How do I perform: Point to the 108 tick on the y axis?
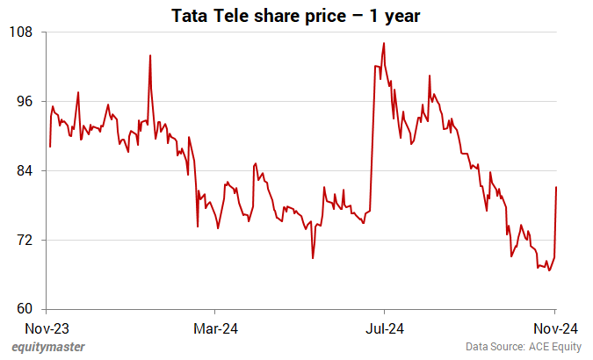[x=21, y=32]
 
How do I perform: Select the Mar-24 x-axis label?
[x=214, y=329]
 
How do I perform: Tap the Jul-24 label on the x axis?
[x=384, y=329]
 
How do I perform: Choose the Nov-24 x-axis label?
[x=554, y=329]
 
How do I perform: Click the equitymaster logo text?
[x=49, y=347]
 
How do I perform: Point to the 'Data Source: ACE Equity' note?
[x=524, y=347]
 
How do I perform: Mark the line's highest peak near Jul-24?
[x=384, y=43]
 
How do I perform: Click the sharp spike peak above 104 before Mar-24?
[x=150, y=55]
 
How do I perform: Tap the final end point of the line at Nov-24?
[x=556, y=187]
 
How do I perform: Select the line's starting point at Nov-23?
[x=49, y=146]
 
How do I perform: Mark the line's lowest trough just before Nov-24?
[x=550, y=270]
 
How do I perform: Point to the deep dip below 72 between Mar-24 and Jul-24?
[x=313, y=257]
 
